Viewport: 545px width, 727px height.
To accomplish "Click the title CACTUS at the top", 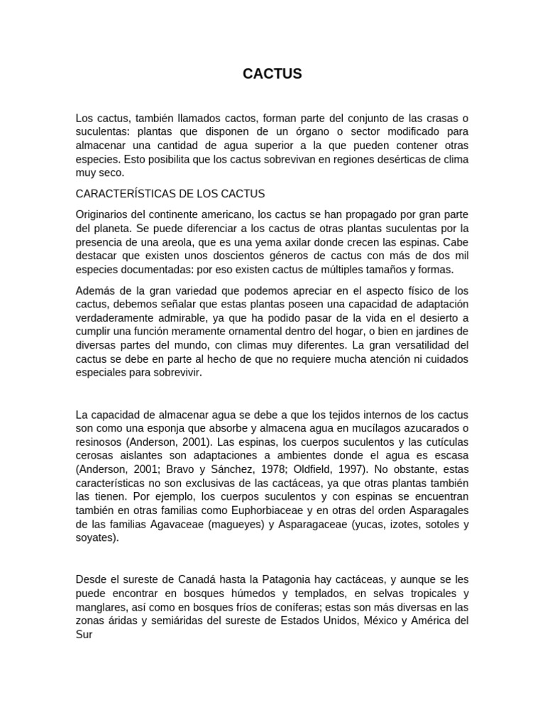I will (272, 74).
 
